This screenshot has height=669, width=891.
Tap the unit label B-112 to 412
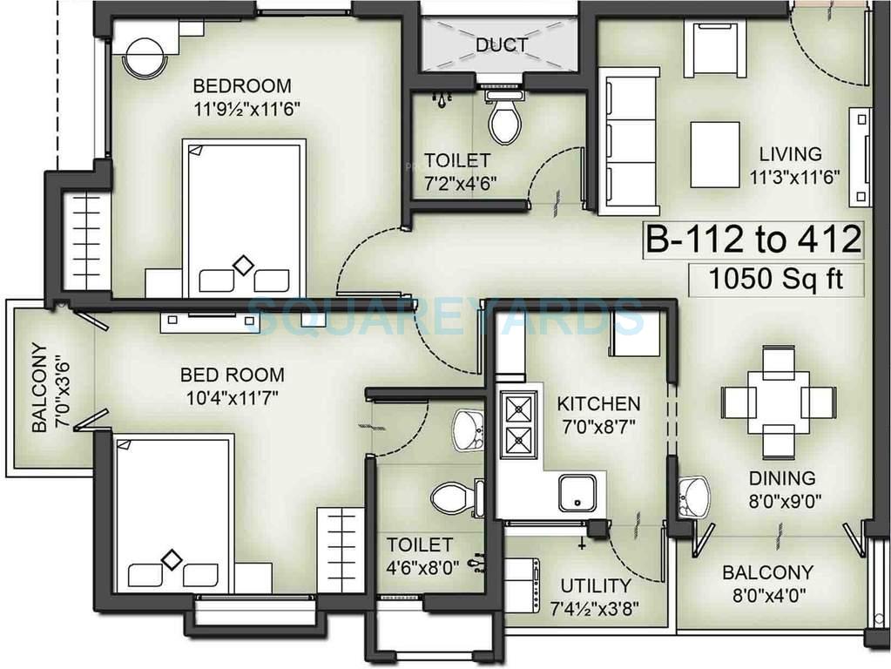tap(753, 240)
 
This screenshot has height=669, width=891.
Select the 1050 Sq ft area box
tap(766, 280)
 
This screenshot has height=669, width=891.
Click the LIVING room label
tap(790, 154)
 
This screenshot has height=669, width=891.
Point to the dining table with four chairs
tap(778, 402)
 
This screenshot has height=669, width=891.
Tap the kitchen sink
tap(577, 493)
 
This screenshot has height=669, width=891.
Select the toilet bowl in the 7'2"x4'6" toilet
tap(504, 120)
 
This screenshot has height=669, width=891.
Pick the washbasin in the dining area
tap(693, 497)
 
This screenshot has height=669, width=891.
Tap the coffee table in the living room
tap(715, 154)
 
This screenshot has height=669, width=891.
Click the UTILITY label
tap(595, 586)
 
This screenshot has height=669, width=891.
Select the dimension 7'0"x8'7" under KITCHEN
tap(598, 427)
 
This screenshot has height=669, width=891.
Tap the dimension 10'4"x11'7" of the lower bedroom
tap(232, 398)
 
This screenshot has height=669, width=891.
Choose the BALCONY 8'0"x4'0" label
tap(767, 585)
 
